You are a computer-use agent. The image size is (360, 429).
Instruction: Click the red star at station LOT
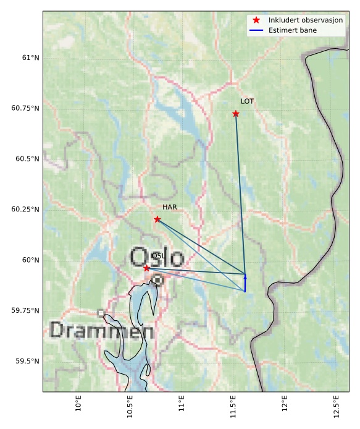(x=236, y=114)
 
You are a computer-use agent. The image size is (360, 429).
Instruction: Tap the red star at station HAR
(x=157, y=219)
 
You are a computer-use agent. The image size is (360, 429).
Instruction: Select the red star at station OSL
(x=146, y=268)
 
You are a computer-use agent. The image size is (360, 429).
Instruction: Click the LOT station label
(x=247, y=101)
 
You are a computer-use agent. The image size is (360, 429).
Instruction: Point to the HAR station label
(x=170, y=207)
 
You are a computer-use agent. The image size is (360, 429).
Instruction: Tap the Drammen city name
(x=101, y=331)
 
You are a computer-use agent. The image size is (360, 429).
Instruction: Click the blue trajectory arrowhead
(x=245, y=277)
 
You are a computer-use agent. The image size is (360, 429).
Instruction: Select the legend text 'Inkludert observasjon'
(x=306, y=20)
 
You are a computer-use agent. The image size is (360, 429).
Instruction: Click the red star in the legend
(x=256, y=20)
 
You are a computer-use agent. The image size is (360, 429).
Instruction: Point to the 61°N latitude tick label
(x=30, y=57)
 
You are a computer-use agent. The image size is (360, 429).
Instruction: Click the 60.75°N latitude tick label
(x=25, y=108)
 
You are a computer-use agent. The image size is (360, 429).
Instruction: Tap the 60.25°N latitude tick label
(x=25, y=210)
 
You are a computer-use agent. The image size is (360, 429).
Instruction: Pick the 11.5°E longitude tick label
(x=233, y=405)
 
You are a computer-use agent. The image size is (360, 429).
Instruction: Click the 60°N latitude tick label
(x=30, y=260)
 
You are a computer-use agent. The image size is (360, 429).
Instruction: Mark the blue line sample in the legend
(x=256, y=30)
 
